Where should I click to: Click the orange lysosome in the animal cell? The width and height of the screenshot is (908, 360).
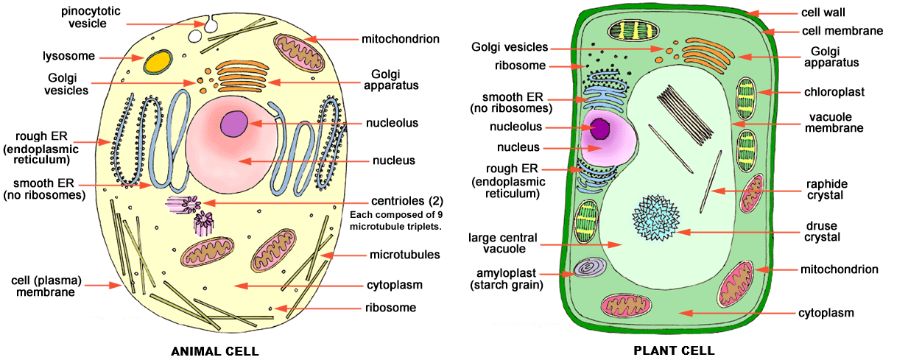(x=156, y=62)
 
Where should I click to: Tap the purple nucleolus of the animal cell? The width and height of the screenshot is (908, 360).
(x=236, y=122)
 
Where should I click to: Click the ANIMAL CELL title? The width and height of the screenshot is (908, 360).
(x=215, y=351)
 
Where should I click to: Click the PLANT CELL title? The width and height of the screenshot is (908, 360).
(x=674, y=351)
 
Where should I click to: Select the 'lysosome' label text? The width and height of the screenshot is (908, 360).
(x=64, y=56)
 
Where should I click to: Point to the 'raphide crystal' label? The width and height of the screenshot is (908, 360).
(x=824, y=190)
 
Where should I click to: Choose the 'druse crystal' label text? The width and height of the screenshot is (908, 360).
(x=823, y=231)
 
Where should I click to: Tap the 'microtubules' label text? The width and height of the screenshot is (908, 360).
(x=405, y=255)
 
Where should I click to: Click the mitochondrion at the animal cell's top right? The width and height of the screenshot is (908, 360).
(x=298, y=54)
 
